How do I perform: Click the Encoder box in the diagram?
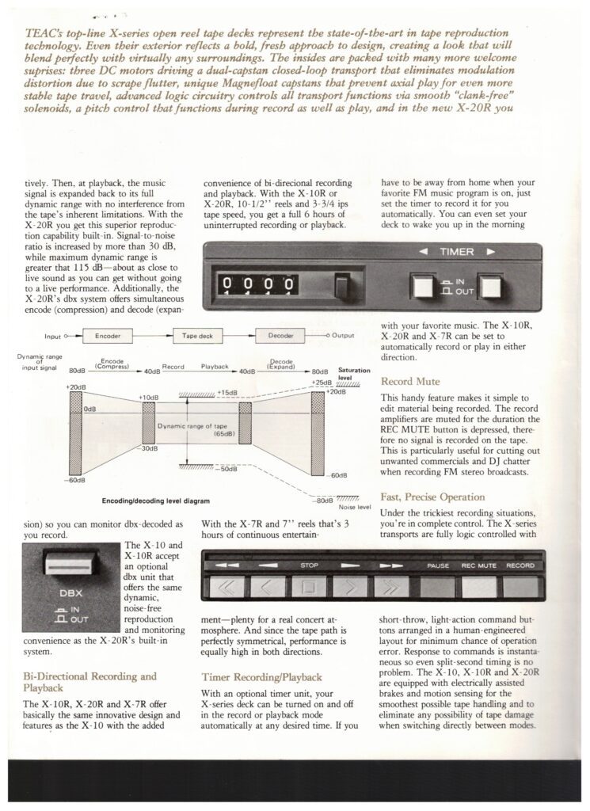[108, 336]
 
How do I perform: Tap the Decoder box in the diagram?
[281, 336]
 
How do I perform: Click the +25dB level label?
[322, 383]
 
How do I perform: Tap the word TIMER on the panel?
[457, 252]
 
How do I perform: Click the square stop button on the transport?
[308, 587]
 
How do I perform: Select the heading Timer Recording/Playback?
[261, 678]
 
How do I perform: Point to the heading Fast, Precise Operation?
[432, 497]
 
